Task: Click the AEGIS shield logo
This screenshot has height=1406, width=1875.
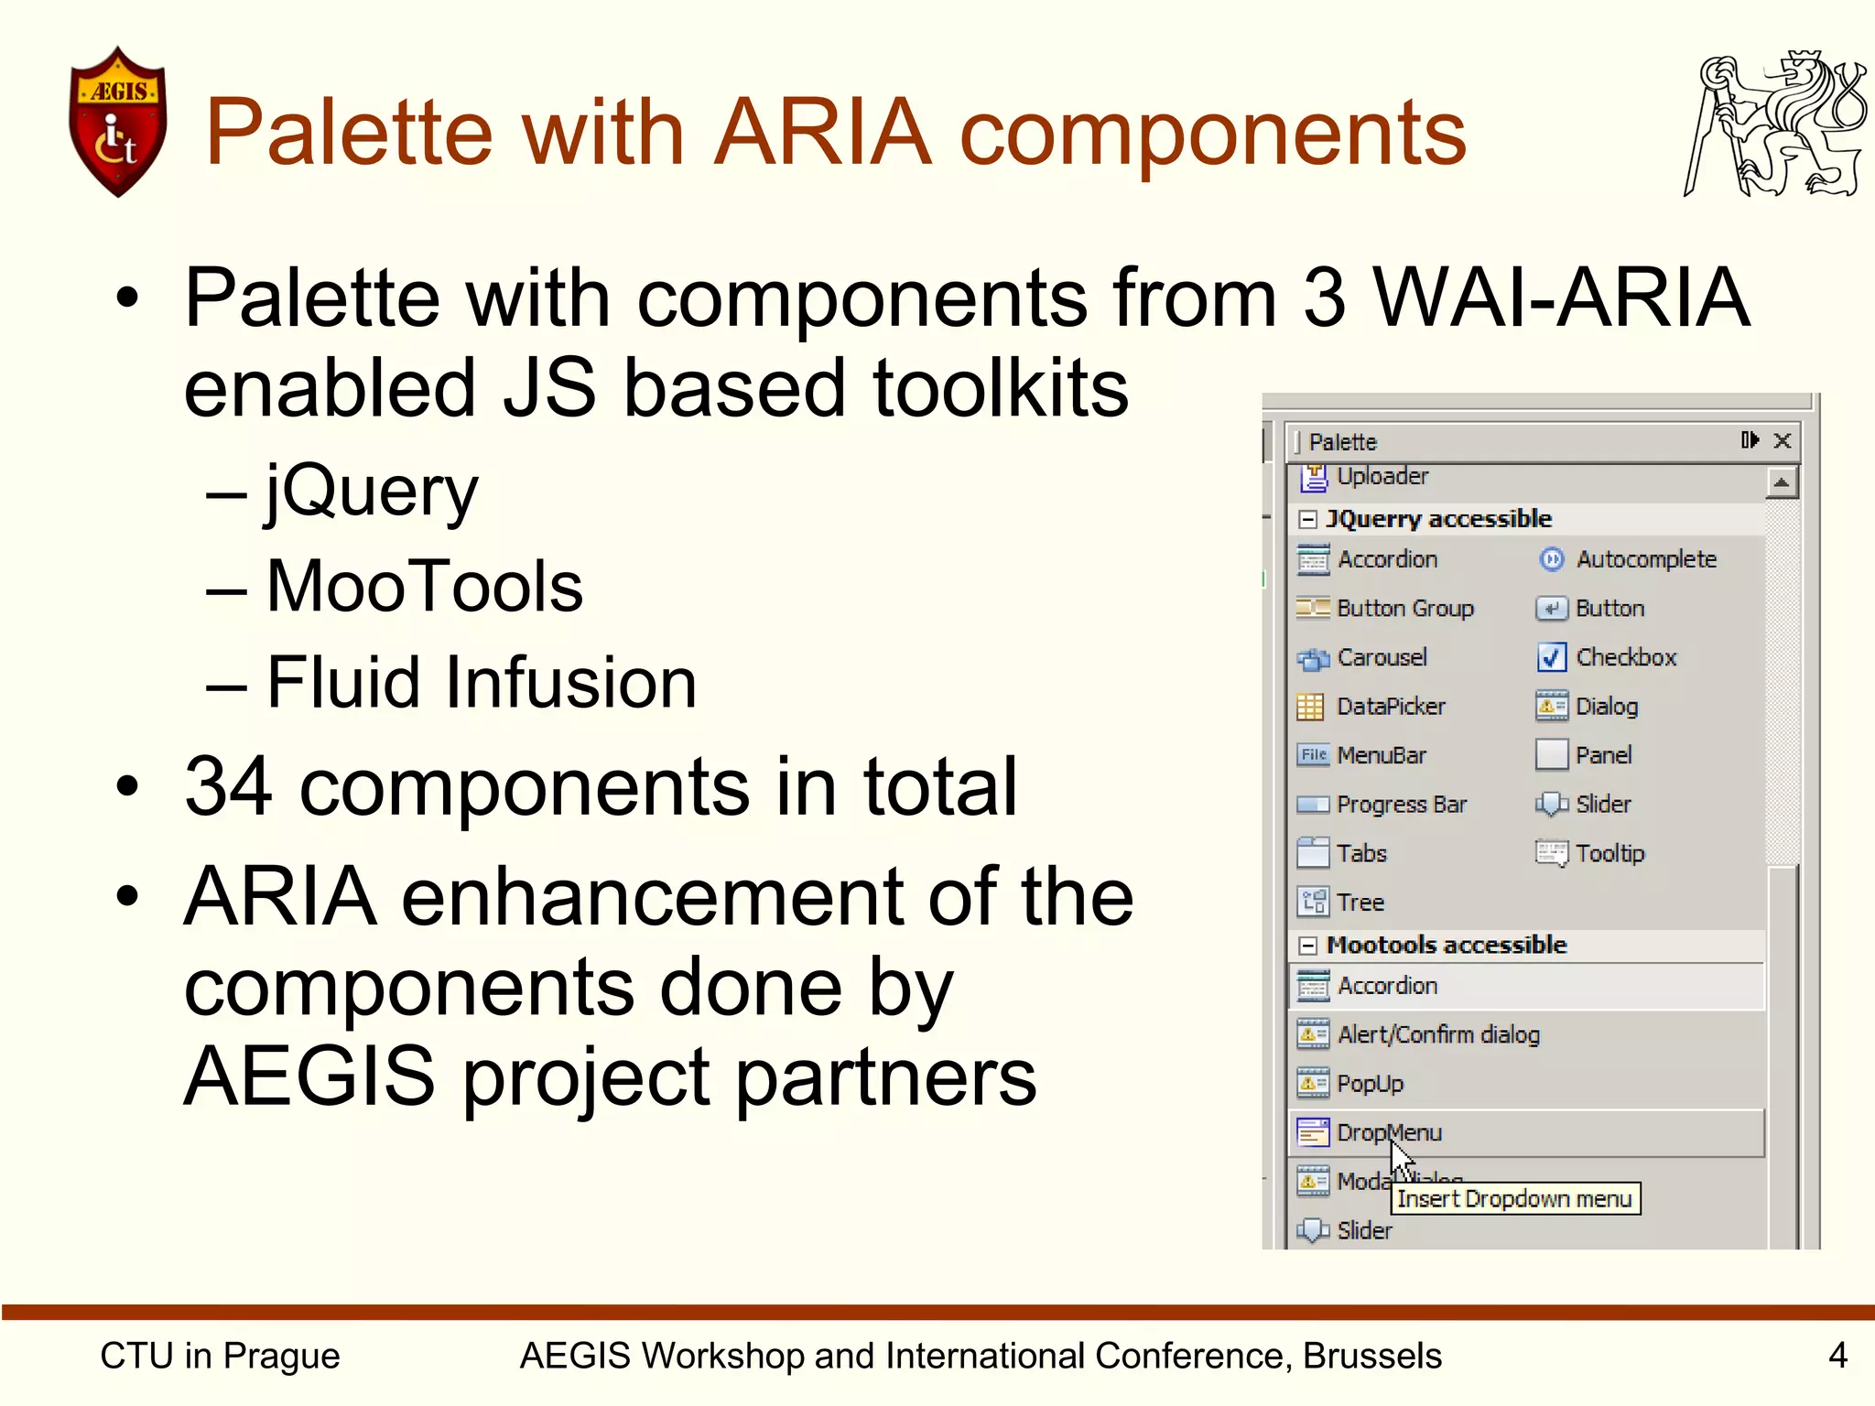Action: pos(118,122)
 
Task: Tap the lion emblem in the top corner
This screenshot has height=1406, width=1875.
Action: pos(1774,124)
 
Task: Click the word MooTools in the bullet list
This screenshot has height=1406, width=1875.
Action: pos(425,587)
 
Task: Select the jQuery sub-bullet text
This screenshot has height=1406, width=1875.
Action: pos(372,492)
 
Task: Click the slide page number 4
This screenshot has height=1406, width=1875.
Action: pos(1837,1355)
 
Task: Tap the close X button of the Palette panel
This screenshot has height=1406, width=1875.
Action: pos(1783,441)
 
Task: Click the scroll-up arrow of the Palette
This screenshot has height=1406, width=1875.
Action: pos(1782,482)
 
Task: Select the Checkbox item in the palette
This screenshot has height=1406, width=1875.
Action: pos(1625,657)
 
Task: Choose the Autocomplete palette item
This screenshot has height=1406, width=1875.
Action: pos(1645,559)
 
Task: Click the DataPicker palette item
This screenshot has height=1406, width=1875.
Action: pos(1390,707)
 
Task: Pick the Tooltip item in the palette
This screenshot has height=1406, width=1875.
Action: pos(1609,853)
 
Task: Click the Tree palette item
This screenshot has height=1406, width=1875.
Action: pos(1360,903)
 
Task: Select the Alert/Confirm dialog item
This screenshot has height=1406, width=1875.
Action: pos(1437,1034)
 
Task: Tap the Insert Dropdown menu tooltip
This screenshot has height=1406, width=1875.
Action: pos(1514,1199)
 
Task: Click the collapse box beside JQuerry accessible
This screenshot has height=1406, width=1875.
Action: pos(1308,520)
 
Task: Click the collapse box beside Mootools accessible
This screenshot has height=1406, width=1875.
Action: pos(1308,946)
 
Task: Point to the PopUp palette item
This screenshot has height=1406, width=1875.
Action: pos(1370,1084)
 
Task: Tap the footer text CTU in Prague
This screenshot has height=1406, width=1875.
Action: pos(220,1356)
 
